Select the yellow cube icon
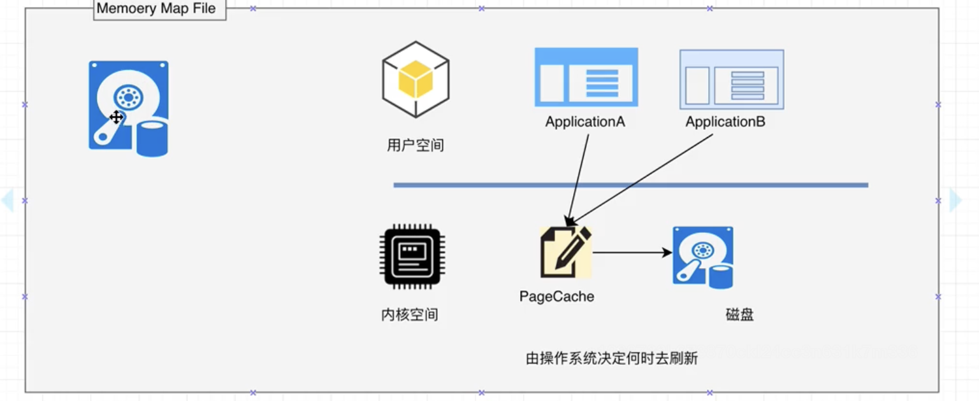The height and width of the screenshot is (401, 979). click(x=416, y=80)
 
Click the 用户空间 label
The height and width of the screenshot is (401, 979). click(x=416, y=146)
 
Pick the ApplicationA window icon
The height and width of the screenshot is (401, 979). click(x=586, y=77)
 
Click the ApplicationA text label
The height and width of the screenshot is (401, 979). click(x=585, y=122)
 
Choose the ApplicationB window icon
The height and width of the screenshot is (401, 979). click(x=732, y=80)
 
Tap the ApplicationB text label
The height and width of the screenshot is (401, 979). click(x=725, y=122)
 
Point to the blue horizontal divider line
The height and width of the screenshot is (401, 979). click(x=631, y=185)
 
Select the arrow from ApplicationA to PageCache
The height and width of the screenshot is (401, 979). click(x=578, y=178)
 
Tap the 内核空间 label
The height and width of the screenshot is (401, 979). click(x=410, y=315)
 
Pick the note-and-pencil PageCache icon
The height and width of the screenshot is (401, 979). click(x=565, y=252)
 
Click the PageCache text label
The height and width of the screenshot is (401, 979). click(x=556, y=297)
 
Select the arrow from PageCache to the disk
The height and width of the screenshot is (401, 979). click(x=631, y=253)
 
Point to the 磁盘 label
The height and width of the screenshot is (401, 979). click(x=739, y=315)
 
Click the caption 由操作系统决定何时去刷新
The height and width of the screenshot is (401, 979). click(x=611, y=359)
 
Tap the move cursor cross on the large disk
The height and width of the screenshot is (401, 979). click(x=116, y=117)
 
